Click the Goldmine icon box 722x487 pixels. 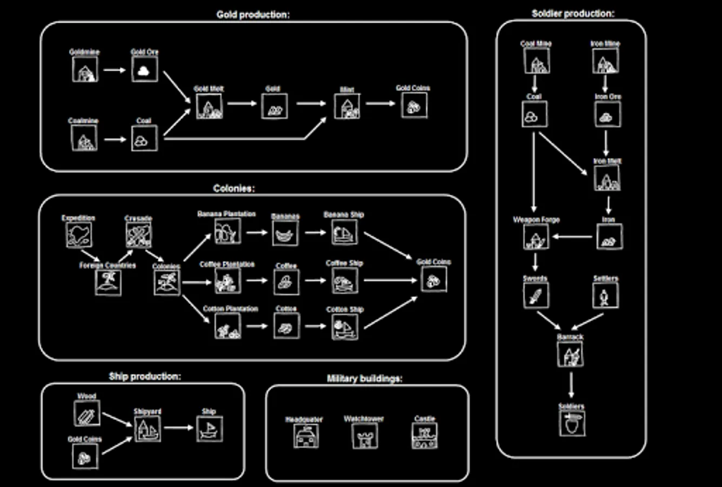coord(85,70)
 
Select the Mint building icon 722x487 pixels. coord(347,106)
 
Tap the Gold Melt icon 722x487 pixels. coord(209,106)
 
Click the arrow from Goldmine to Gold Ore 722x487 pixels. coord(115,70)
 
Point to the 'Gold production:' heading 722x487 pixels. coord(253,15)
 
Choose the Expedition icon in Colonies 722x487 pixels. coord(79,235)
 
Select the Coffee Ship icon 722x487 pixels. coord(344,281)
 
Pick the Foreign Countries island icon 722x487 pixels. coord(108,282)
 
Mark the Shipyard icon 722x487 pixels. coord(147,429)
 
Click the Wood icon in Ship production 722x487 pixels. coord(86,414)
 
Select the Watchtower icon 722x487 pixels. coord(365,436)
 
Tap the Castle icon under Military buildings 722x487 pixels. coord(424,436)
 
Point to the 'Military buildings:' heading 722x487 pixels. coord(364,379)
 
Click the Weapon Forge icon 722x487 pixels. coord(536,237)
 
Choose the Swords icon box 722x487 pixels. coord(536,295)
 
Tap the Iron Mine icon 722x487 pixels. coord(605,61)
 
